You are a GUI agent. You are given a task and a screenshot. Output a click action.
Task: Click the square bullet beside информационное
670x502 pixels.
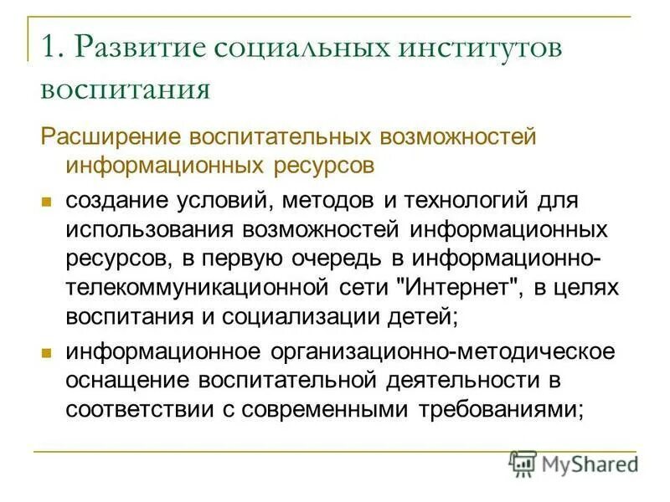[48, 352]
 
